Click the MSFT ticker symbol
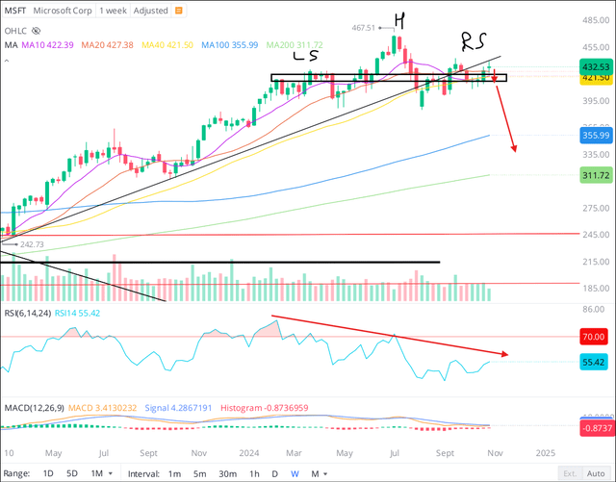[17, 9]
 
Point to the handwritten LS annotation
[306, 59]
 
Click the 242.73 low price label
[32, 244]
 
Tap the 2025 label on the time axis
[546, 451]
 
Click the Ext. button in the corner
[571, 472]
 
